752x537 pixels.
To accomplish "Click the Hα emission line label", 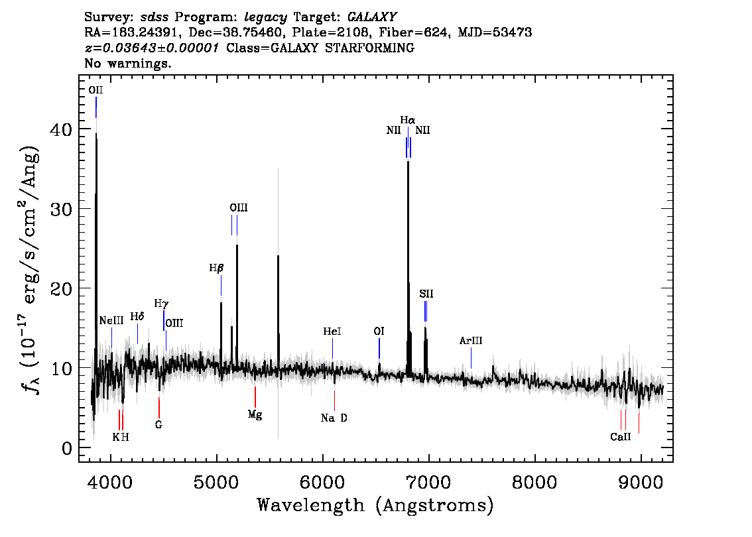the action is pyautogui.click(x=408, y=120).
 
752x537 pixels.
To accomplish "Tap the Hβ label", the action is pyautogui.click(x=216, y=268).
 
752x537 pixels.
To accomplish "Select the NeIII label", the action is pyautogui.click(x=111, y=320).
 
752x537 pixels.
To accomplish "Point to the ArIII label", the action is pyautogui.click(x=471, y=340).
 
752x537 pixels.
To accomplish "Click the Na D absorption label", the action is pyautogui.click(x=334, y=418).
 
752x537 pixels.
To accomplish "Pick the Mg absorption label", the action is pyautogui.click(x=255, y=414).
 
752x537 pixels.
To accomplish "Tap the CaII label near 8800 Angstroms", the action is pyautogui.click(x=621, y=437).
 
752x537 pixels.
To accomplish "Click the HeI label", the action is pyautogui.click(x=332, y=331).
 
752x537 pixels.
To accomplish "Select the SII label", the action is pyautogui.click(x=426, y=294).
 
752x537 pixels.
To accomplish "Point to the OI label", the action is pyautogui.click(x=379, y=331).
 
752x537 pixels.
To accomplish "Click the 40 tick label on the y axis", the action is pyautogui.click(x=62, y=129).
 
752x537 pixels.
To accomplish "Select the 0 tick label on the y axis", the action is pyautogui.click(x=67, y=448).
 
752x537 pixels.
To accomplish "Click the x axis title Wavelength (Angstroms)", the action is pyautogui.click(x=375, y=505).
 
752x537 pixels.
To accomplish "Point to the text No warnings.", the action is pyautogui.click(x=127, y=63).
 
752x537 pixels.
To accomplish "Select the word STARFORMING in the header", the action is pyautogui.click(x=370, y=48).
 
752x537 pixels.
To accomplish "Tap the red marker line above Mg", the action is pyautogui.click(x=255, y=396).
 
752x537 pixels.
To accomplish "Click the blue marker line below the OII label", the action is pyautogui.click(x=96, y=107).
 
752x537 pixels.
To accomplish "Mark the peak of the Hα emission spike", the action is pyautogui.click(x=408, y=161).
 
